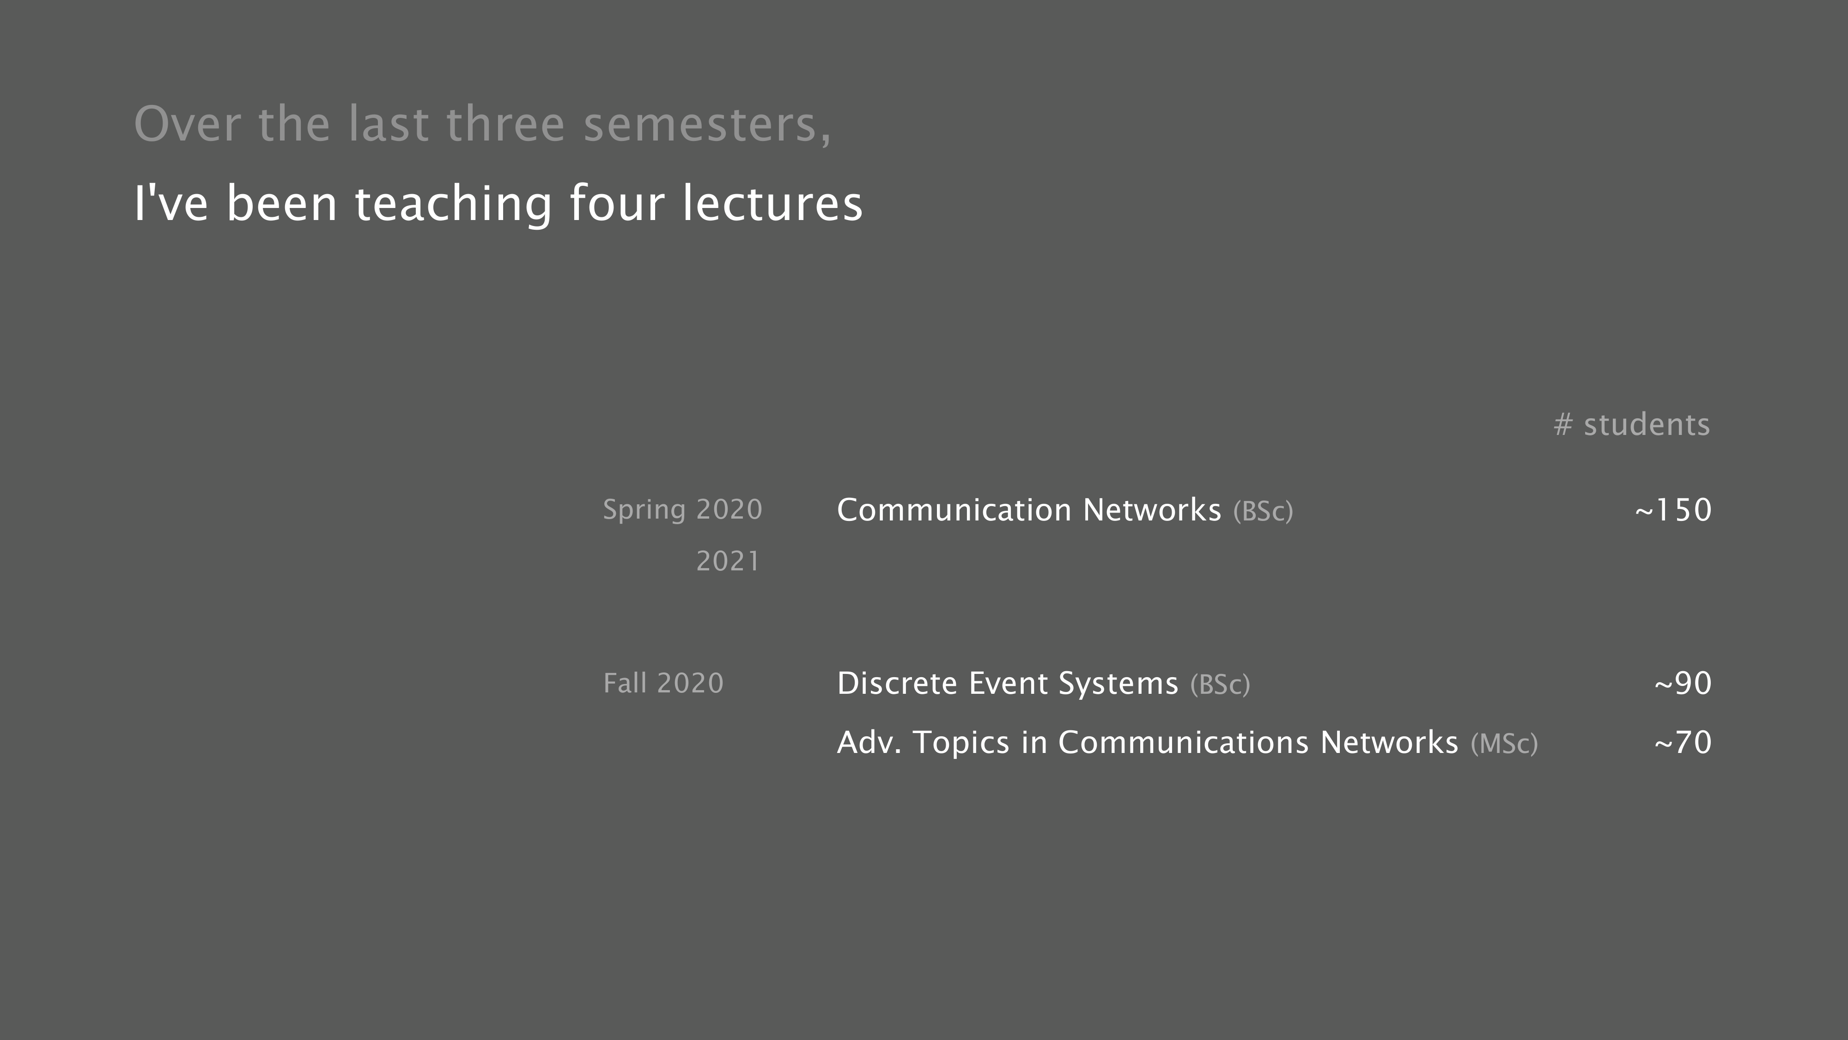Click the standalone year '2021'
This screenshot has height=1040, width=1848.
[728, 561]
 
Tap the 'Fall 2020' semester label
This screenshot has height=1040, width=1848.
[663, 683]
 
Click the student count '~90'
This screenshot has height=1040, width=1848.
[1683, 683]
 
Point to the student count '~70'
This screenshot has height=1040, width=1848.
[1683, 742]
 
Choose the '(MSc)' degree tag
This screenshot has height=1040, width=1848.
[1504, 744]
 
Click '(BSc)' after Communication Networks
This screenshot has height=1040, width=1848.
[1263, 512]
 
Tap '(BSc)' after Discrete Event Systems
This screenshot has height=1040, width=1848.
[1220, 685]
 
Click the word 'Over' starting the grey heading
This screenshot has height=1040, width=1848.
[187, 124]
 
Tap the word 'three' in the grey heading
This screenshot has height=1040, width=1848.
[506, 124]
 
